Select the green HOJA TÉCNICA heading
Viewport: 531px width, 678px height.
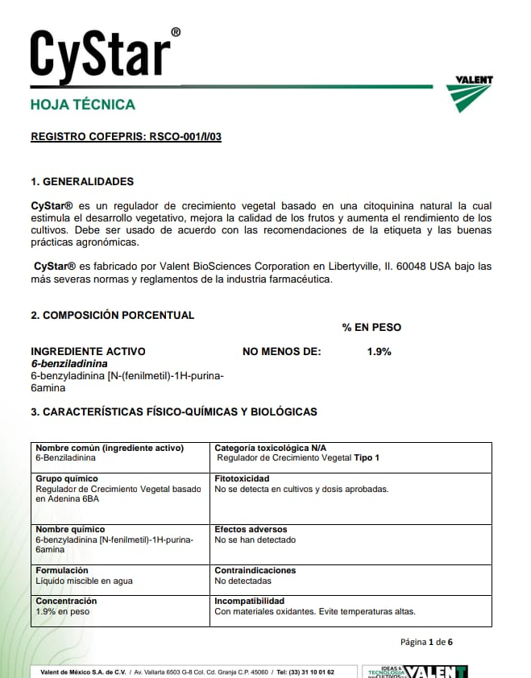pos(82,105)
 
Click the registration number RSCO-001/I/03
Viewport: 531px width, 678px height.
pos(185,137)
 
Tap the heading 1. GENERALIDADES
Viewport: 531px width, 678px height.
pos(82,181)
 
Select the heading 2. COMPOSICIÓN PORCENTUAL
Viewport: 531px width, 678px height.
pos(112,315)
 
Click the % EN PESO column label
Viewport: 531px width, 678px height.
pos(371,327)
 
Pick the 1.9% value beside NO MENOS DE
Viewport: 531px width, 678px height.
pos(379,351)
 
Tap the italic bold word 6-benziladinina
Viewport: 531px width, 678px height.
pos(69,364)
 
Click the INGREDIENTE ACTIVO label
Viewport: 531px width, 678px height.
pos(88,351)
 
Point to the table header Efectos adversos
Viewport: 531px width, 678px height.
pos(251,530)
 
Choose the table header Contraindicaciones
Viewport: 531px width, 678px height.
pos(255,570)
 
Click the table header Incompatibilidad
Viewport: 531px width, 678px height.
pos(250,601)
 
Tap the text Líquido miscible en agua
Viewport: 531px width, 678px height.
pos(84,581)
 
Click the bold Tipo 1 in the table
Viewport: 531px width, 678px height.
pos(367,457)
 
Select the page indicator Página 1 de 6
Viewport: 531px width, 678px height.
pos(426,642)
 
